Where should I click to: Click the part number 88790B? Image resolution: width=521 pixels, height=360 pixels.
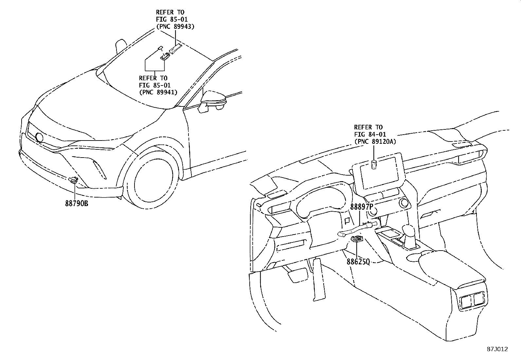77,203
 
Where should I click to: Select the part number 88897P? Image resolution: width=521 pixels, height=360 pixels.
362,207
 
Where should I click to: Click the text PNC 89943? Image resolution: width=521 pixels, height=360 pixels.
175,27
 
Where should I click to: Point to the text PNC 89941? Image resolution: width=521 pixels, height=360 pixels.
158,92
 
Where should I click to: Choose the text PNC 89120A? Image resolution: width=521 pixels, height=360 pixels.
375,142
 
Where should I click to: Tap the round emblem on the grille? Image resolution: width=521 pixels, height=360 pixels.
39,138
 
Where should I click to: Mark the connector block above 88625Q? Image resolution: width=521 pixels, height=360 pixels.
357,239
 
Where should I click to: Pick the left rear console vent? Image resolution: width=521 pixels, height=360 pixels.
465,301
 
